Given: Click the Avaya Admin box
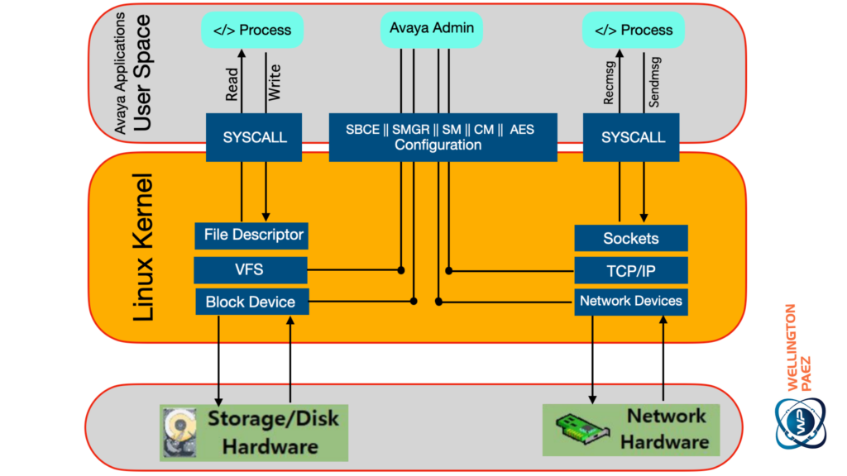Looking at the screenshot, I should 431,29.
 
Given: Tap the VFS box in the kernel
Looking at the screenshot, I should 251,269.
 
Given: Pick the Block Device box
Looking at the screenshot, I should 251,302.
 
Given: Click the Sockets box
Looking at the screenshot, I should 631,238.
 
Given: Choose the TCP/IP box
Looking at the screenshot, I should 631,269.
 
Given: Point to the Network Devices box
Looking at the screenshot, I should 631,302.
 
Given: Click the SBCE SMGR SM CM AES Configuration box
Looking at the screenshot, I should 443,137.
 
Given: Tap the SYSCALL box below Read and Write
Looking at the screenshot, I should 254,137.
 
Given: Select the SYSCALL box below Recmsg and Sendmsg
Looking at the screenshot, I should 633,137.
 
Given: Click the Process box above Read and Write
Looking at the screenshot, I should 252,30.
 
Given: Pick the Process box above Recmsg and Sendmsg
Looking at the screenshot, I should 634,30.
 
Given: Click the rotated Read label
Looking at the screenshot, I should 232,83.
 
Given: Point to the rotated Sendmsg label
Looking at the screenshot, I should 655,83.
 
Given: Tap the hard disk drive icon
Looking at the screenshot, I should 179,431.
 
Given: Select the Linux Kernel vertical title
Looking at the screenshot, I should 143,246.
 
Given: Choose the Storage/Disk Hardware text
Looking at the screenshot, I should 274,431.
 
